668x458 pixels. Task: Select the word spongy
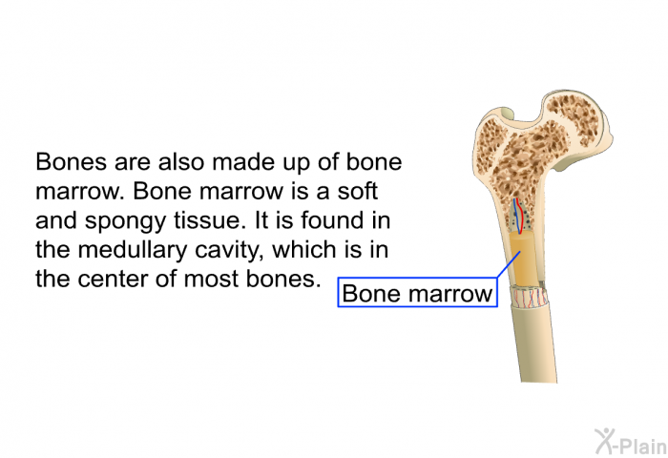pos(125,221)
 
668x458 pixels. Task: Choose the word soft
pos(358,191)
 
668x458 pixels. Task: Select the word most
pos(211,280)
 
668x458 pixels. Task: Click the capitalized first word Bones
pos(71,162)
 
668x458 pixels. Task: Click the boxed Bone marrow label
pos(418,292)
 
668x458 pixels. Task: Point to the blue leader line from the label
pos(509,264)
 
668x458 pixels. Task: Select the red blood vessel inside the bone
pos(520,217)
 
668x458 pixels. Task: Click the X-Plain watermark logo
pos(631,441)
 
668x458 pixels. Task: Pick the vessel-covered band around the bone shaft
pos(530,297)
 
